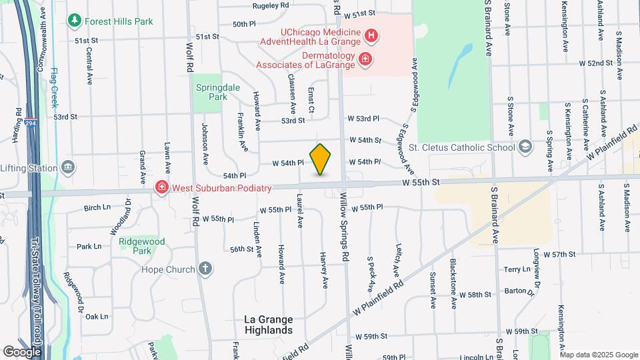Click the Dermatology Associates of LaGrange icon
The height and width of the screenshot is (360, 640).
click(x=365, y=60)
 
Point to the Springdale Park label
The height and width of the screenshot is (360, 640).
click(x=212, y=91)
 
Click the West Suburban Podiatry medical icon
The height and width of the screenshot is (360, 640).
click(x=161, y=188)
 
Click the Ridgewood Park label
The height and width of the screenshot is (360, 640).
click(x=136, y=246)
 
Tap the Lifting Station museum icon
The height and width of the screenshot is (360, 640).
click(x=67, y=167)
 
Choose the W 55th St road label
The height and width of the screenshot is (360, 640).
click(x=421, y=182)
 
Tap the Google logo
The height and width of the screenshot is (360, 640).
click(x=22, y=351)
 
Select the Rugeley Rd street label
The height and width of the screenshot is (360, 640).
click(x=271, y=5)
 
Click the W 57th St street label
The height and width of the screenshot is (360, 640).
click(x=559, y=255)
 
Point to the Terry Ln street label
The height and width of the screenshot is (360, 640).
click(x=517, y=269)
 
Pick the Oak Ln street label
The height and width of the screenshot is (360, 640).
click(x=97, y=317)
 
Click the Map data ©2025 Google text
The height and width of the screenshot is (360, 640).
click(x=597, y=355)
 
